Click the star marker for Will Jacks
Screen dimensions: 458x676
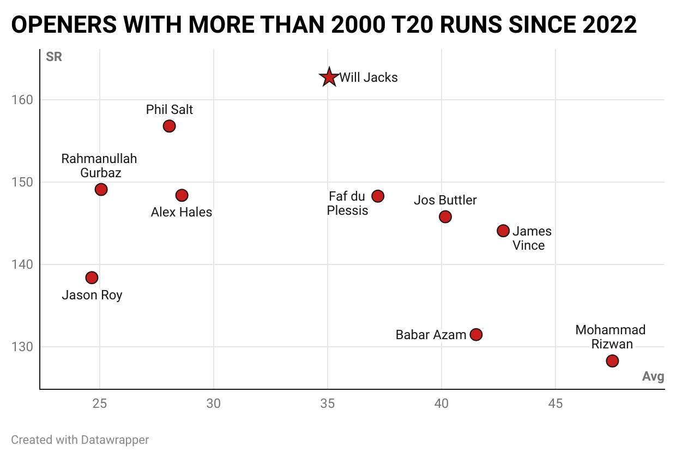tap(329, 77)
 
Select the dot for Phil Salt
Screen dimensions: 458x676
tap(169, 126)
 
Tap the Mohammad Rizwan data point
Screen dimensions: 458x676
tap(612, 361)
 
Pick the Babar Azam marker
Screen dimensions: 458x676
tap(476, 334)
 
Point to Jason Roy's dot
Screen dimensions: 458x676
tap(92, 278)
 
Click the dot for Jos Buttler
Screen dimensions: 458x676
tap(445, 216)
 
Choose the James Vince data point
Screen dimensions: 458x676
tap(503, 231)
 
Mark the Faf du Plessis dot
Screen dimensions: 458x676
tap(378, 196)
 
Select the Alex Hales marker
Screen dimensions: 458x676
tap(182, 195)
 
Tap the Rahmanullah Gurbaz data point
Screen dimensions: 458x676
tap(101, 189)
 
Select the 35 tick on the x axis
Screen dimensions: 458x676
tap(327, 404)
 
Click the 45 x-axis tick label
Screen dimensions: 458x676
tap(555, 404)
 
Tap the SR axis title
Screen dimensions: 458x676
tap(54, 57)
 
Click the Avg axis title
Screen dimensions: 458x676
tap(653, 377)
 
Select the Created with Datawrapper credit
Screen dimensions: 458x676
tap(80, 439)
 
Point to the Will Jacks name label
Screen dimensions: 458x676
tap(369, 77)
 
